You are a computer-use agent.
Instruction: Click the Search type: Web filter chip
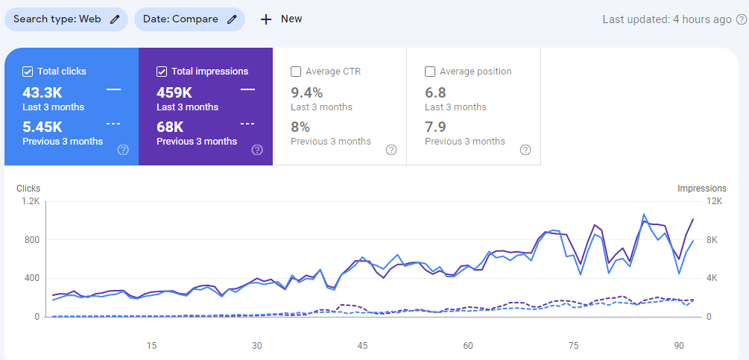66,19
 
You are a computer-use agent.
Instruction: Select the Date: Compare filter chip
189,19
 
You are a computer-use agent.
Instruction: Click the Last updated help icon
742,19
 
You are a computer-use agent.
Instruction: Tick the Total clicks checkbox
28,72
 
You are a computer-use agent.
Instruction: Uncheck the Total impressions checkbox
162,72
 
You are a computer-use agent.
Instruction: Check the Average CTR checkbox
296,72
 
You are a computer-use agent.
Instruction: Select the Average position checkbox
430,72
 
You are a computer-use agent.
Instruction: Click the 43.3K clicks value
42,92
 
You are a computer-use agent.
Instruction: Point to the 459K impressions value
174,92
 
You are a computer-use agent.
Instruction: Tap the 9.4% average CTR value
306,92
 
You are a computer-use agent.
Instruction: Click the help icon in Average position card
525,150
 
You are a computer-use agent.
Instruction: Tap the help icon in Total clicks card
123,150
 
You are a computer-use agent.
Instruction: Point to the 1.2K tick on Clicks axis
31,201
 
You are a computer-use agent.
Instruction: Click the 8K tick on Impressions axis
712,240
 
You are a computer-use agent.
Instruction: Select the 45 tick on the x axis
362,346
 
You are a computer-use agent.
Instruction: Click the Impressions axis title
701,189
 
